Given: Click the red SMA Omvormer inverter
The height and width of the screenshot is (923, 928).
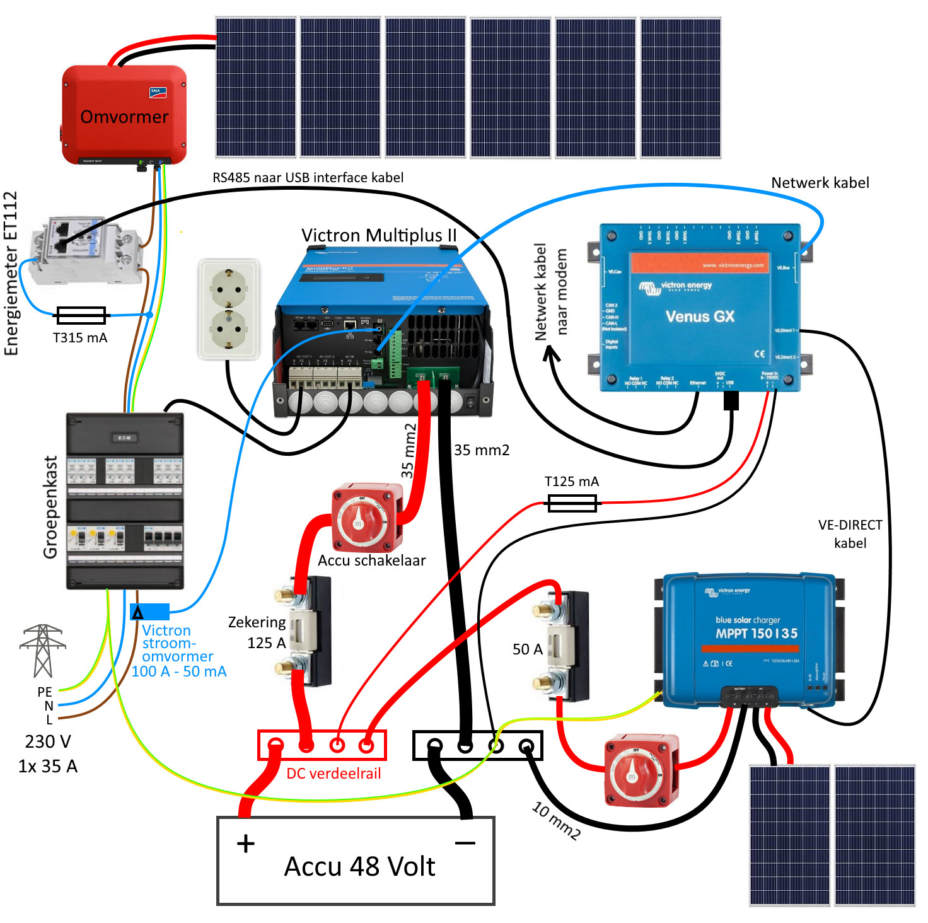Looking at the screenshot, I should tap(124, 115).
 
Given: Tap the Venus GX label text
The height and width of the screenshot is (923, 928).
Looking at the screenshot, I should tap(700, 316).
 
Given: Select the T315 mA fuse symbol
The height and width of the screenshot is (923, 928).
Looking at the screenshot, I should tap(81, 315).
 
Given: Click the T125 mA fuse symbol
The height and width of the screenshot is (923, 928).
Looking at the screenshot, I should tap(572, 503).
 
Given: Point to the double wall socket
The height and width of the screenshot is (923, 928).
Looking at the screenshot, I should tap(229, 309).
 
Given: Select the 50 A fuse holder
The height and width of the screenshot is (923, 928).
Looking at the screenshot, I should tap(564, 646).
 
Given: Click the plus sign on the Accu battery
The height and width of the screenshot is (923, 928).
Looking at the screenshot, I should tap(246, 844).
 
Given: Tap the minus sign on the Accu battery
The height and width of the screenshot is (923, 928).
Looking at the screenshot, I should tap(465, 843).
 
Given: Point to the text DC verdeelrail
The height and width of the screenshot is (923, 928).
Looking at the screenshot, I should tap(333, 774).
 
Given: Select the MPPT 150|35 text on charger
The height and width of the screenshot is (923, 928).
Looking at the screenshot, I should tap(756, 634).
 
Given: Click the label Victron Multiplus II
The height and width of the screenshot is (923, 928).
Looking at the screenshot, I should tap(378, 235).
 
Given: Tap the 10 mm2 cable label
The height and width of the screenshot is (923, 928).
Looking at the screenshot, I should tap(555, 820).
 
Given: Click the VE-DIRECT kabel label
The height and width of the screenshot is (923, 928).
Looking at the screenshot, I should tap(850, 534).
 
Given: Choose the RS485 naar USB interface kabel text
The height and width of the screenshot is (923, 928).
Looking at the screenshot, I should tap(308, 178).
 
